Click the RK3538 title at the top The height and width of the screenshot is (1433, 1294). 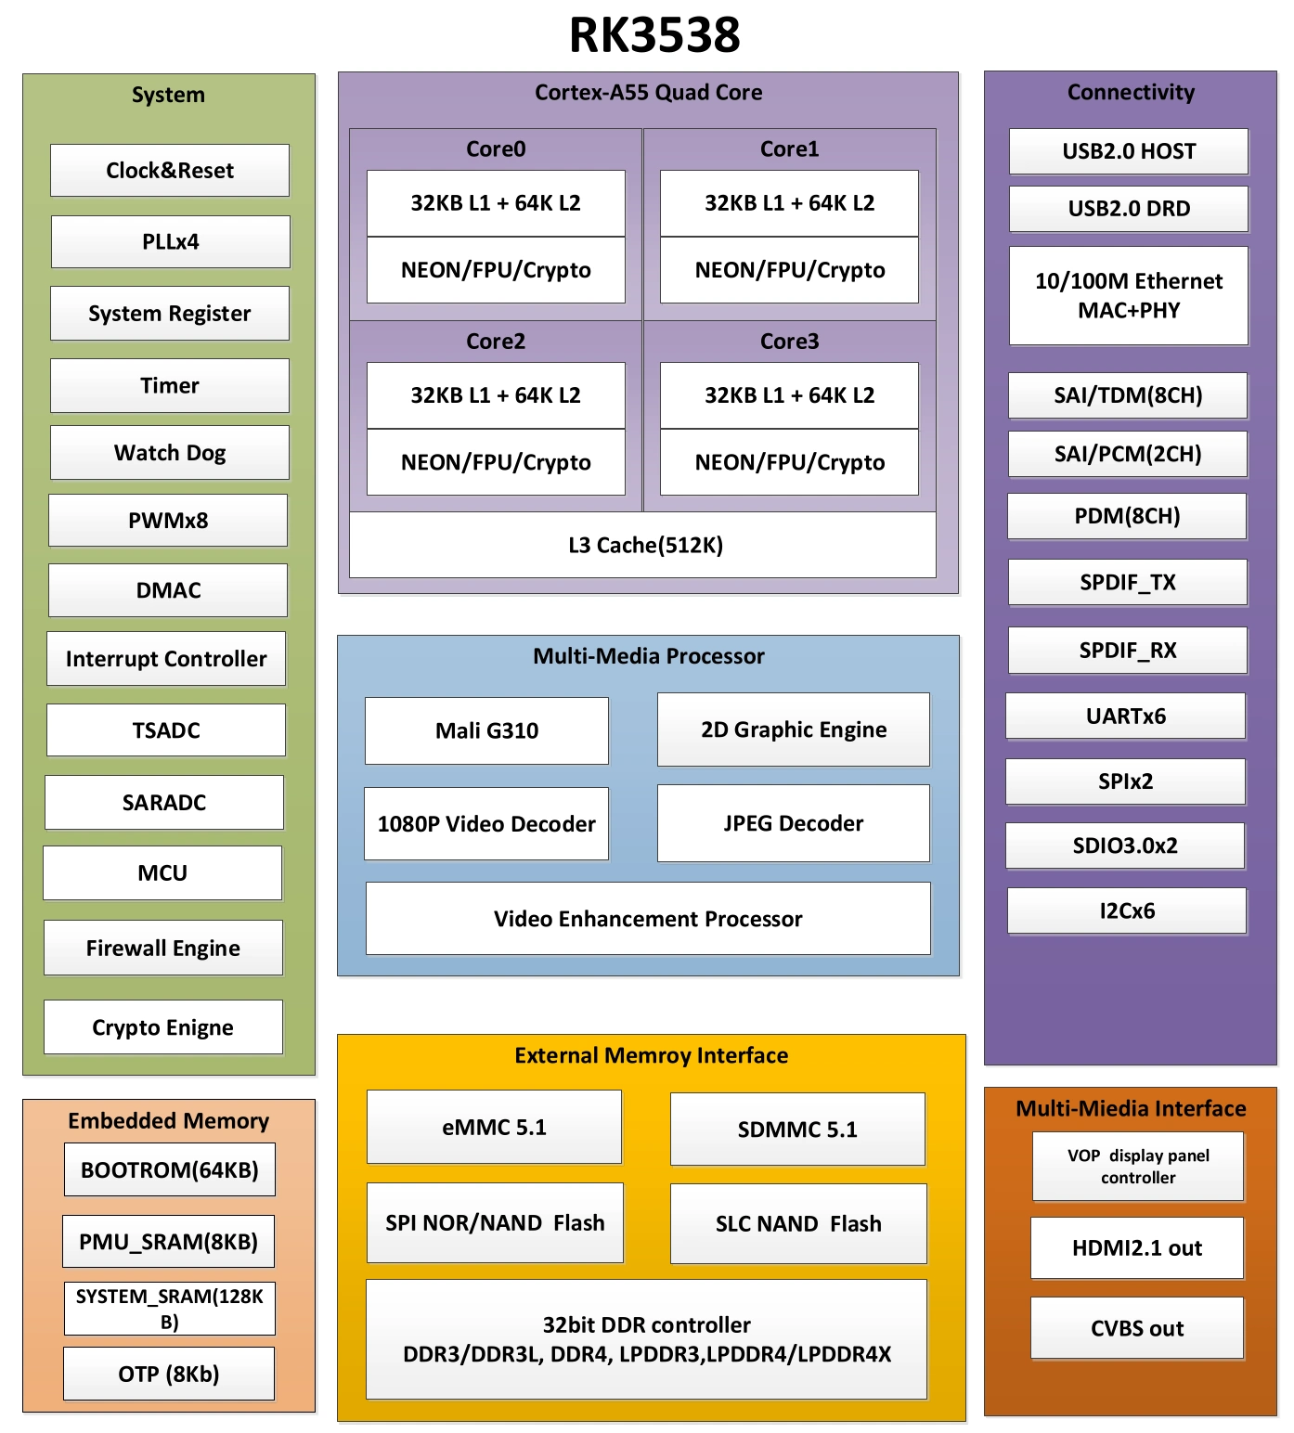pyautogui.click(x=654, y=35)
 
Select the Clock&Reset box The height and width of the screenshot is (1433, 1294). pyautogui.click(x=170, y=170)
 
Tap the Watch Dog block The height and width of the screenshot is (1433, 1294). pyautogui.click(x=170, y=453)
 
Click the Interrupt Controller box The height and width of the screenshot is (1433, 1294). pyautogui.click(x=166, y=659)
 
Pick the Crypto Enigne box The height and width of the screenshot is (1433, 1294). pyautogui.click(x=163, y=1027)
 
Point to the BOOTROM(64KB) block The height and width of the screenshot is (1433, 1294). pyautogui.click(x=170, y=1169)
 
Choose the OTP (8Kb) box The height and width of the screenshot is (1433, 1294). pyautogui.click(x=169, y=1374)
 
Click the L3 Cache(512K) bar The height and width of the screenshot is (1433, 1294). pyautogui.click(x=645, y=545)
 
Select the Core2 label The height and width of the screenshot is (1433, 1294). pyautogui.click(x=496, y=342)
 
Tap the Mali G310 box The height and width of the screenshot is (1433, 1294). pyautogui.click(x=487, y=730)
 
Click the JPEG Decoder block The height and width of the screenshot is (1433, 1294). pyautogui.click(x=794, y=823)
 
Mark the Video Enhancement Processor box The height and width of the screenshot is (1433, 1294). pyautogui.click(x=648, y=919)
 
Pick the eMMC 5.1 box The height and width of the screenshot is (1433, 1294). pyautogui.click(x=494, y=1128)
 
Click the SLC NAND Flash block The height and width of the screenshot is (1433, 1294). pyautogui.click(x=798, y=1223)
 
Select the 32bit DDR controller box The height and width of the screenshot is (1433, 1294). pyautogui.click(x=647, y=1339)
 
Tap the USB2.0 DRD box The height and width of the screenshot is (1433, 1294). pyautogui.click(x=1129, y=209)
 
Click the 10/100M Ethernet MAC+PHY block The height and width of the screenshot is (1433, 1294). pyautogui.click(x=1129, y=295)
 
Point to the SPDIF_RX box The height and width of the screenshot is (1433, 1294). pyautogui.click(x=1128, y=650)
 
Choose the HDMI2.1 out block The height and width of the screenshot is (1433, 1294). pyautogui.click(x=1137, y=1248)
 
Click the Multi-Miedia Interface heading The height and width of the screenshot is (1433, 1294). pyautogui.click(x=1131, y=1108)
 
